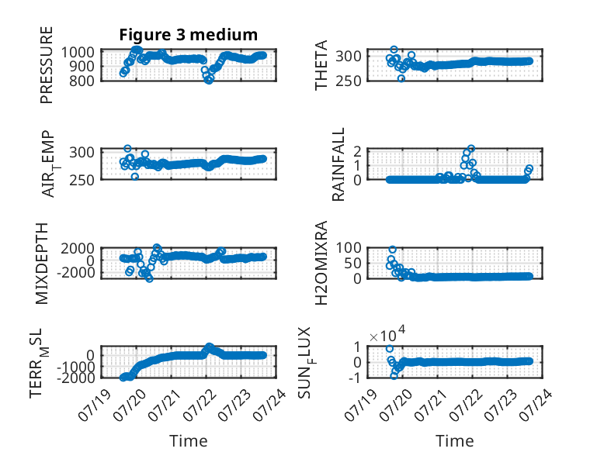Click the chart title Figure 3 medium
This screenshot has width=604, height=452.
pos(189,35)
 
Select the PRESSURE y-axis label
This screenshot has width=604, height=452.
pos(47,65)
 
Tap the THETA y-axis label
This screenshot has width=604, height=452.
pos(321,65)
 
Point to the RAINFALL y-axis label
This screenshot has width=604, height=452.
pos(338,164)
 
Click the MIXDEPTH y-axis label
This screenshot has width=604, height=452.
pos(42,264)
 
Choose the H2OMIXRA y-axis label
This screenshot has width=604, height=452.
pos(321,263)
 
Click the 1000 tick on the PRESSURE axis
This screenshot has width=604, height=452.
pos(78,52)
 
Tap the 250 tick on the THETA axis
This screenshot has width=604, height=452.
pos(349,81)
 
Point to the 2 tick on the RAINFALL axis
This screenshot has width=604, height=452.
pos(357,151)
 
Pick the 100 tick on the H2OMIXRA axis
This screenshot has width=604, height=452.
pos(349,247)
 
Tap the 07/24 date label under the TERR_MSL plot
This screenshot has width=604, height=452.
pos(270,404)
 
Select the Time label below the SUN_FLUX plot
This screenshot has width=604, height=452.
pos(454,441)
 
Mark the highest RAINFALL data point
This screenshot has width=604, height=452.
pos(470,149)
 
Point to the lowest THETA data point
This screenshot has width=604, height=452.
pos(401,78)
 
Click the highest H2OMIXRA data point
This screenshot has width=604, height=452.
pos(392,250)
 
